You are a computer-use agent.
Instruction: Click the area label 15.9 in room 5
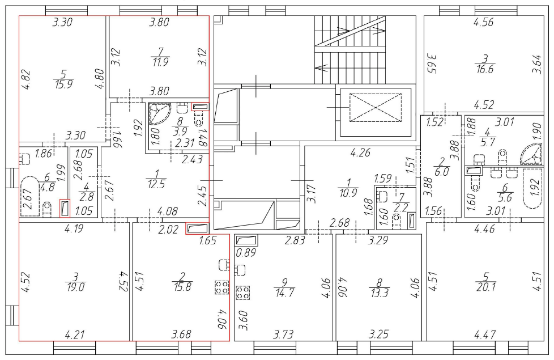(64, 85)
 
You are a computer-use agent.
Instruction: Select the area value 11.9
(160, 62)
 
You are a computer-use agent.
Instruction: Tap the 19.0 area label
(75, 287)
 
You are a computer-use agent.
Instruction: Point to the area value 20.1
(486, 287)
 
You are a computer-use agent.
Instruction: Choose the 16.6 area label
(485, 69)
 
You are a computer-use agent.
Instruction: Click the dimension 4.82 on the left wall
(26, 80)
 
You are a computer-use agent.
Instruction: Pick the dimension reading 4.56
(483, 22)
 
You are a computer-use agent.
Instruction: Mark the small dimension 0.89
(246, 253)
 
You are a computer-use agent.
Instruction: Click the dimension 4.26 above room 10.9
(360, 153)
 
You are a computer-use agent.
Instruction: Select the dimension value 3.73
(283, 334)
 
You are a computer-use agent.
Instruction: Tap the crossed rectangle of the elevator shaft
(376, 108)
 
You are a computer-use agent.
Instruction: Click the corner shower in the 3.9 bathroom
(159, 113)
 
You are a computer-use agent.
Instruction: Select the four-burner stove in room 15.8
(222, 287)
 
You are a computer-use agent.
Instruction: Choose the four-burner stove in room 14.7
(242, 293)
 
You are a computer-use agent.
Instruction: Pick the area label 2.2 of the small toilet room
(400, 207)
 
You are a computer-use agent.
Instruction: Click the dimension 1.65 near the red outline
(208, 241)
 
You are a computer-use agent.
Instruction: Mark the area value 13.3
(380, 293)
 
